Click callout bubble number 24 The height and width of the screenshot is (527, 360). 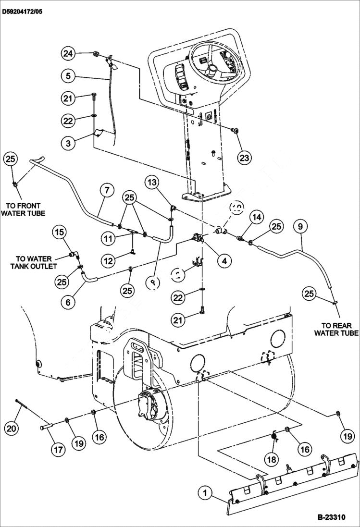click(x=68, y=54)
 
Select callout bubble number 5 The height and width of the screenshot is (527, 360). click(x=68, y=75)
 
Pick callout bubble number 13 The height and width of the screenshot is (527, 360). click(x=152, y=183)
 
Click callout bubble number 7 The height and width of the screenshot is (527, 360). click(x=107, y=190)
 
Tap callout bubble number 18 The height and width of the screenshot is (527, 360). click(x=272, y=459)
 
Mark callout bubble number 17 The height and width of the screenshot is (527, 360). click(x=58, y=450)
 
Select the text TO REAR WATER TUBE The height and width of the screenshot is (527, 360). click(x=336, y=329)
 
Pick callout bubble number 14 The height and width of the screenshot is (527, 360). click(x=257, y=218)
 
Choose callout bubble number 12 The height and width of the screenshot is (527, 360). click(x=109, y=261)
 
